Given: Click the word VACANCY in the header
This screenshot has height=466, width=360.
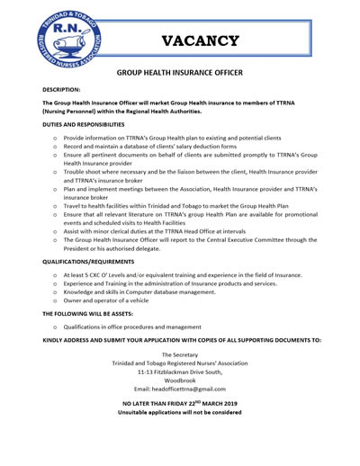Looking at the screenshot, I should tap(202, 40).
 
